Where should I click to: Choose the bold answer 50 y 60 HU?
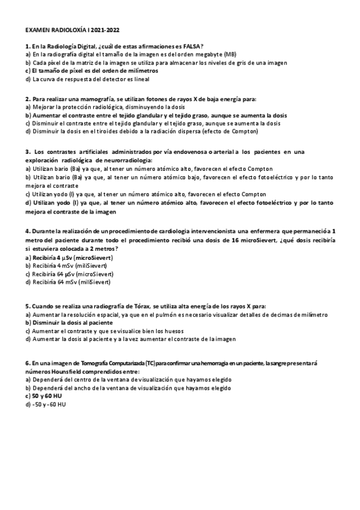click(47, 397)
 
